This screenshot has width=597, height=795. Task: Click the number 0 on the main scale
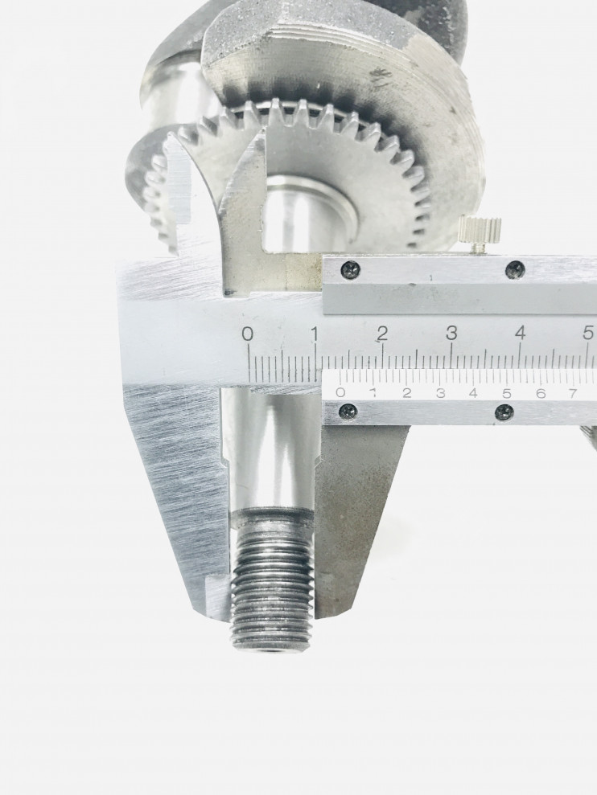pyautogui.click(x=248, y=334)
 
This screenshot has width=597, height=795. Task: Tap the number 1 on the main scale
pyautogui.click(x=315, y=334)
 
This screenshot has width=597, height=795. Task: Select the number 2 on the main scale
pyautogui.click(x=382, y=334)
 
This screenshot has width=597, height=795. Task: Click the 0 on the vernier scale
pyautogui.click(x=340, y=392)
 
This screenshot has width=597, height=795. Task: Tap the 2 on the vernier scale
pyautogui.click(x=406, y=392)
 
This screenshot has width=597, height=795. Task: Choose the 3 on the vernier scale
pyautogui.click(x=440, y=392)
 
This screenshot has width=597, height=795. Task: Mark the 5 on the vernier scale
pyautogui.click(x=507, y=393)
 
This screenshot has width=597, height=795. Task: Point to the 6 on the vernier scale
pyautogui.click(x=540, y=393)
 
